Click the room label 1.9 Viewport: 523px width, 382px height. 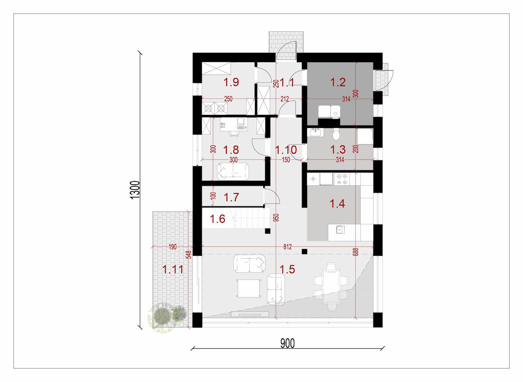click(231, 82)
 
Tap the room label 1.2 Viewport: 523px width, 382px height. click(338, 82)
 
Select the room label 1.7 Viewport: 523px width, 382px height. click(231, 197)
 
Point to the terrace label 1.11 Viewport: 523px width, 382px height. click(173, 269)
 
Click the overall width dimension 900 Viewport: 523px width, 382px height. click(287, 343)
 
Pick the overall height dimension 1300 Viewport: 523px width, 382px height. click(135, 190)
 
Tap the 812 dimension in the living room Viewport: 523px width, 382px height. click(288, 247)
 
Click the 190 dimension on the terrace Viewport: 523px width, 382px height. click(173, 247)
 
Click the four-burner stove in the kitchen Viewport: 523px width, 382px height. click(342, 179)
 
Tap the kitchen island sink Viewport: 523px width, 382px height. click(340, 229)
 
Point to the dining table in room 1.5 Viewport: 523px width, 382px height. click(331, 287)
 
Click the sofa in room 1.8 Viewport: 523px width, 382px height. click(233, 172)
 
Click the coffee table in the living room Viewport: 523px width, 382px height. click(249, 288)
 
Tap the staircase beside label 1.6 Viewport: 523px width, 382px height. click(250, 218)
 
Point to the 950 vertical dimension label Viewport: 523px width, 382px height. click(276, 218)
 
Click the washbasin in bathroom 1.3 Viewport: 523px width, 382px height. click(317, 133)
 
